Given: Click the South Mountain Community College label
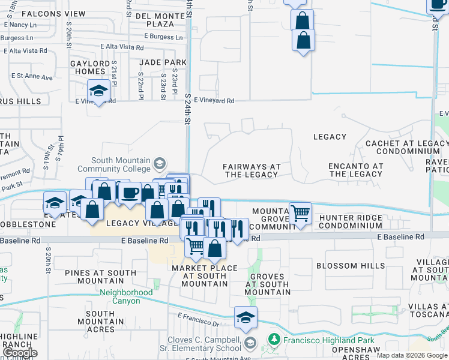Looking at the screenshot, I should [122, 164].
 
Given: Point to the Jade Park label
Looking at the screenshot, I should [163, 62].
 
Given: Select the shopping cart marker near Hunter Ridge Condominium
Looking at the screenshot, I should [300, 213].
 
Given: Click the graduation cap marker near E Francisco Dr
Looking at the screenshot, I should [245, 317].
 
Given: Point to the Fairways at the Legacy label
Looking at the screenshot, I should [252, 170].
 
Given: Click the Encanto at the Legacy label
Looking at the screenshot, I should [355, 170].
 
